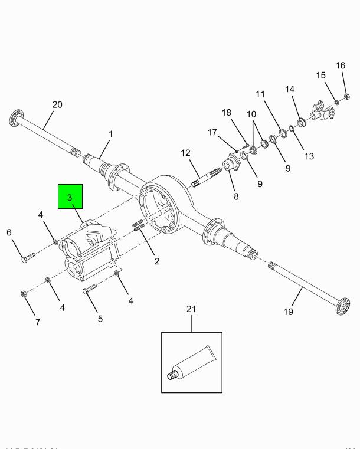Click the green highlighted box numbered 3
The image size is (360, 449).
point(70,198)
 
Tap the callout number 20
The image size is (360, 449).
point(57,105)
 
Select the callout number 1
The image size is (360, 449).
point(110,135)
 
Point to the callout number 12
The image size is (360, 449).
point(184,154)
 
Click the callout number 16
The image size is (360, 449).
point(340,65)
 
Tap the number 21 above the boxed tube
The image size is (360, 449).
point(190,309)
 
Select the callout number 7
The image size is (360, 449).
point(38,322)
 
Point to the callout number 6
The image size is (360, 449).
point(9,232)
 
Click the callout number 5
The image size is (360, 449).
point(100,319)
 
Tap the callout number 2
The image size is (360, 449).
point(156,260)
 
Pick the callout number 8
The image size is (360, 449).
point(236,196)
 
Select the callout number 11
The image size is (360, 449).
point(260,94)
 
